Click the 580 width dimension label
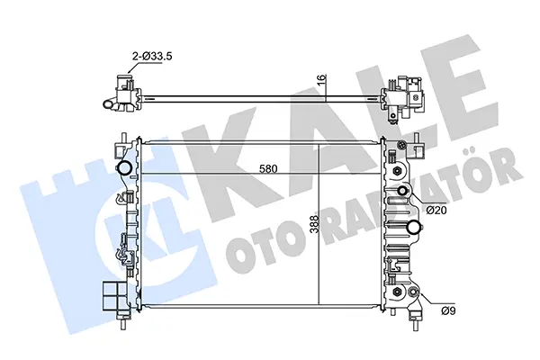click(x=268, y=169)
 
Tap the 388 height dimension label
click(x=314, y=224)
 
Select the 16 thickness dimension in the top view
click(x=320, y=79)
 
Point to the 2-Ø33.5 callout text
click(x=152, y=56)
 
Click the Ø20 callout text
click(x=436, y=210)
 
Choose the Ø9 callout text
click(x=448, y=310)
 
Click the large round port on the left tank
click(x=124, y=167)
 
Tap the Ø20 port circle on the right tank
click(x=403, y=191)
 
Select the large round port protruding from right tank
click(x=414, y=228)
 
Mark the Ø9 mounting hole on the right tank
click(x=412, y=292)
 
